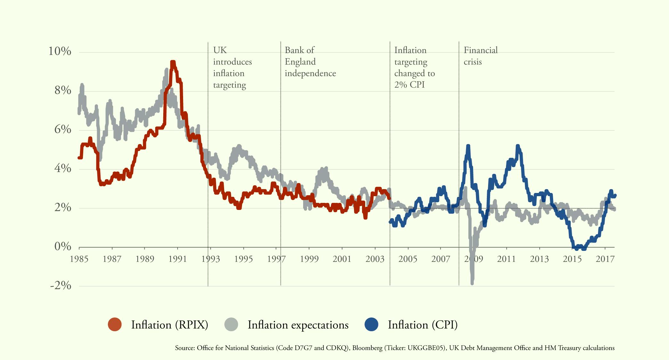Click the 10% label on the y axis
[60, 51]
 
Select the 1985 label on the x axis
[79, 259]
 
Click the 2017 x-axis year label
[605, 259]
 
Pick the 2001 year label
[342, 259]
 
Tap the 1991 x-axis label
[178, 259]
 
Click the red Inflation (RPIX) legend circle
[115, 324]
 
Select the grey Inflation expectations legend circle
[231, 324]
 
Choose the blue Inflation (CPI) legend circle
[371, 324]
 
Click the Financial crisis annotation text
[480, 56]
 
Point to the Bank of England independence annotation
[310, 61]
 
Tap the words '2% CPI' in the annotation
[409, 85]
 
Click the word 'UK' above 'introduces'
[220, 50]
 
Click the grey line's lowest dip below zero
[472, 282]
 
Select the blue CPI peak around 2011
[518, 146]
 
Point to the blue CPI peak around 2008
[468, 146]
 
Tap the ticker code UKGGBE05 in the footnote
[425, 348]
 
